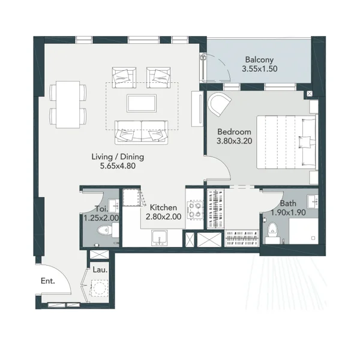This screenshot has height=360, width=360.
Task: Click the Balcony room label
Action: [x=259, y=59]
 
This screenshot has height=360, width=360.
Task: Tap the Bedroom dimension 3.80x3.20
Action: [x=235, y=141]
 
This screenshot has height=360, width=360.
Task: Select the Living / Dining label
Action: [x=118, y=157]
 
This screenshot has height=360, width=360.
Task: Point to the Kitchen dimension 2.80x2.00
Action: [x=163, y=217]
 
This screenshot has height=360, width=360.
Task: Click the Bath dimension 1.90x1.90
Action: [x=288, y=212]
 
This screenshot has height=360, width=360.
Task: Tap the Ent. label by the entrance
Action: [x=48, y=281]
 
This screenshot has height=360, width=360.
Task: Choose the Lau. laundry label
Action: [x=100, y=269]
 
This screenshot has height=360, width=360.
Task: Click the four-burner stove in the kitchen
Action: [x=195, y=209]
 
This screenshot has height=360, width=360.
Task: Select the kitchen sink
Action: [x=160, y=238]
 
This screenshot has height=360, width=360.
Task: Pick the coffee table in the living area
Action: [x=142, y=103]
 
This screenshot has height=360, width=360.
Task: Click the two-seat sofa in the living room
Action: [x=142, y=133]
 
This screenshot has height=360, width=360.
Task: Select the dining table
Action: [x=68, y=104]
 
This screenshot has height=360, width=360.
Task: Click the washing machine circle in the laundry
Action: [x=100, y=287]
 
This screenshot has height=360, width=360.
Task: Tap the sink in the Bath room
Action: [x=313, y=202]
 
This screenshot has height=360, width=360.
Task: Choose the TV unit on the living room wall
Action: [x=197, y=109]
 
